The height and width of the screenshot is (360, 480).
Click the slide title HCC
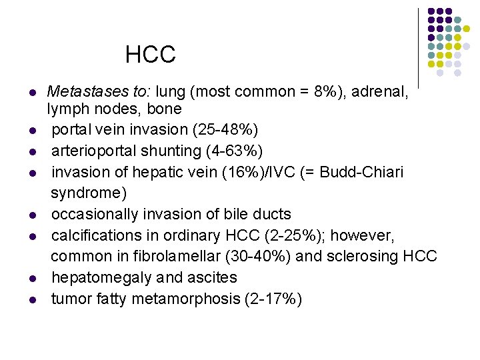click(x=150, y=55)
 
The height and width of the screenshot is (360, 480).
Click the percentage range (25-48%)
click(x=222, y=128)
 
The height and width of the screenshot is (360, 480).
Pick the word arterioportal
click(x=95, y=150)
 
